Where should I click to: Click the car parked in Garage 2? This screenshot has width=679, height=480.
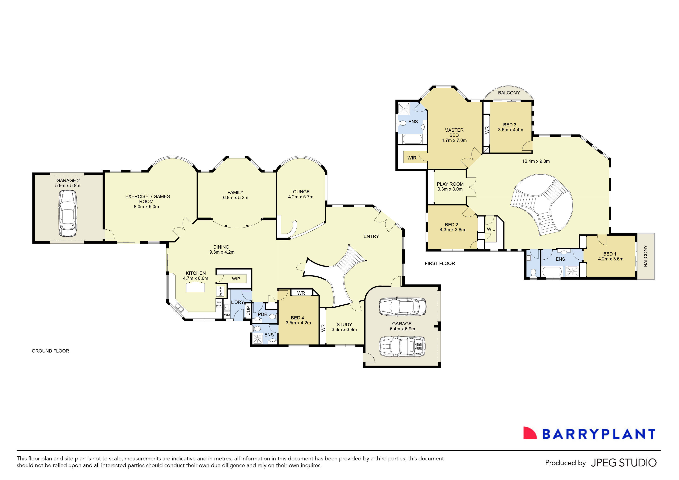click(x=68, y=213)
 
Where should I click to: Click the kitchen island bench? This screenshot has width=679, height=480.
click(x=195, y=287)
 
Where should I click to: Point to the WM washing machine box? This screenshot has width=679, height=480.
click(x=227, y=315)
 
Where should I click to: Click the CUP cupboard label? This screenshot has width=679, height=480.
click(x=248, y=311)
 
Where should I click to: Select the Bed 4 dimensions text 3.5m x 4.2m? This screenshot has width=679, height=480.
click(x=298, y=323)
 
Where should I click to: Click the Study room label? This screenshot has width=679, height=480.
click(x=344, y=325)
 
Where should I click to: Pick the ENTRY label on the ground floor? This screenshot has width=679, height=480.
click(x=371, y=236)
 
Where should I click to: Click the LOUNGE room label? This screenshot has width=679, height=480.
click(x=300, y=192)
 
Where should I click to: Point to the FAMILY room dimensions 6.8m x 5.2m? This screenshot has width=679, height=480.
click(x=235, y=198)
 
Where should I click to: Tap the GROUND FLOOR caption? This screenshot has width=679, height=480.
click(x=50, y=351)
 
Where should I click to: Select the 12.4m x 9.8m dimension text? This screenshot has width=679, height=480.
click(x=536, y=161)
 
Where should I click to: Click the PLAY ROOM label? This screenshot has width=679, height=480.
click(x=450, y=184)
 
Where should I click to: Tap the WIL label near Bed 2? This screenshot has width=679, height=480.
click(x=491, y=229)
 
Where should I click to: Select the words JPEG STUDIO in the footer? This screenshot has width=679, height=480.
click(x=624, y=463)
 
